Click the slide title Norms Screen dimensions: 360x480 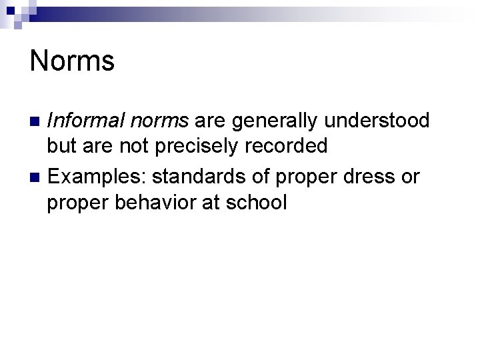click(72, 61)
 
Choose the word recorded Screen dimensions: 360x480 click(291, 145)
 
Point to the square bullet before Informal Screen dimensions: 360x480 click(35, 122)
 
